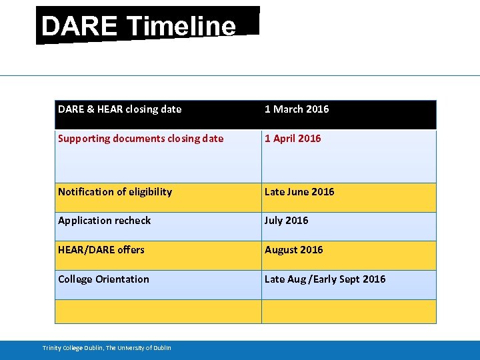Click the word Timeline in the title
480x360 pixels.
[181, 27]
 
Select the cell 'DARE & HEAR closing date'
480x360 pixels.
[119, 109]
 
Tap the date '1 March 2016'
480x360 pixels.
[297, 109]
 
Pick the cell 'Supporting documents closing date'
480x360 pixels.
[141, 139]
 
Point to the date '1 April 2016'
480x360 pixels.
[293, 139]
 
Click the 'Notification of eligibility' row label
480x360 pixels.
[115, 192]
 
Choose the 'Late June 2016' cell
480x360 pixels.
[299, 192]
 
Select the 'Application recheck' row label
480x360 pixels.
[104, 221]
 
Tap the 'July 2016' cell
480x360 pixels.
[287, 221]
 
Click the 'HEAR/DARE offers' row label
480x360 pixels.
[101, 250]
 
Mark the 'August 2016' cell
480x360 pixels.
[293, 250]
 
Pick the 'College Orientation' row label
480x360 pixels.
[103, 279]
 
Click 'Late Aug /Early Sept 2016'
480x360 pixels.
[325, 279]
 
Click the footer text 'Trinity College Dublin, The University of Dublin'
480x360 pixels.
[107, 348]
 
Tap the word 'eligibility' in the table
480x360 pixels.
[150, 192]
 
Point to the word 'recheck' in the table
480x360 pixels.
[133, 221]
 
